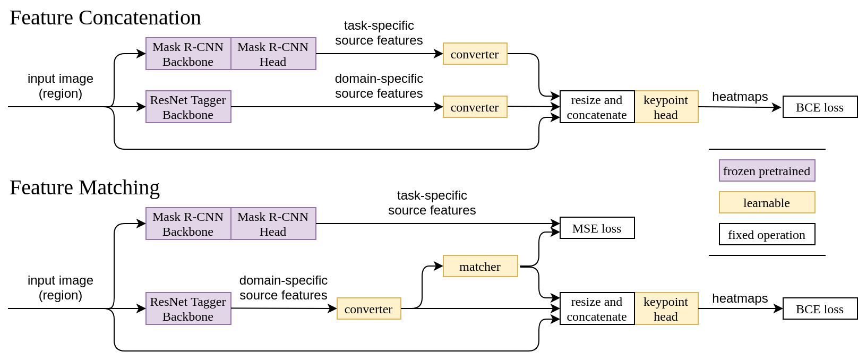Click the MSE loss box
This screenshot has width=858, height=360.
click(x=597, y=228)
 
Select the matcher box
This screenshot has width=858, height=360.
click(x=480, y=266)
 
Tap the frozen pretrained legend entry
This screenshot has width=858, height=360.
click(x=767, y=170)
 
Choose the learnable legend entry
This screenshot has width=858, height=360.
click(x=767, y=202)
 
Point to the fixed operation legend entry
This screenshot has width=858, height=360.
click(x=767, y=234)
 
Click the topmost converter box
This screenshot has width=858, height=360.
click(x=475, y=54)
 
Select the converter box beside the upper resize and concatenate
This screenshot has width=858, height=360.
click(x=475, y=107)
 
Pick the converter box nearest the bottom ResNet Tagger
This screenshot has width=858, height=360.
click(x=368, y=308)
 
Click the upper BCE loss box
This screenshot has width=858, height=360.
click(x=820, y=107)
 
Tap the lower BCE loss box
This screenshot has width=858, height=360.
click(x=820, y=308)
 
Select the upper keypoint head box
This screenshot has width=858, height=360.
click(x=666, y=107)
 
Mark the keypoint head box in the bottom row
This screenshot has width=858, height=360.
click(x=666, y=308)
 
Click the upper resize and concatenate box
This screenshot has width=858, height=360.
click(x=597, y=107)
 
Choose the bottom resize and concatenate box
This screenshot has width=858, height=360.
click(x=597, y=308)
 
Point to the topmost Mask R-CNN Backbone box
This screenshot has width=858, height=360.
click(x=188, y=54)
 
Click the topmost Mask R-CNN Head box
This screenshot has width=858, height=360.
click(x=273, y=54)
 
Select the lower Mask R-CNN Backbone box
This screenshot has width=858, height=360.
click(x=188, y=224)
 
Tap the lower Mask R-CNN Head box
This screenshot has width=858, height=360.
click(x=273, y=224)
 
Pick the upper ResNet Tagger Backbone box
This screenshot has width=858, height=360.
click(x=188, y=107)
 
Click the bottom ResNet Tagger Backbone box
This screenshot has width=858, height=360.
click(x=188, y=308)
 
